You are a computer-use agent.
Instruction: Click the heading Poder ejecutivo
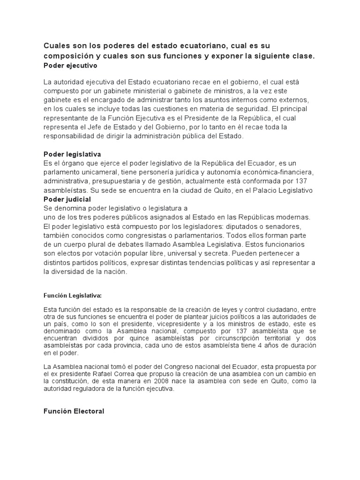coord(70,66)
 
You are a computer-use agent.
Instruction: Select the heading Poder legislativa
coord(72,154)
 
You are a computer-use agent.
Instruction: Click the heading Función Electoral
coord(74,411)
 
